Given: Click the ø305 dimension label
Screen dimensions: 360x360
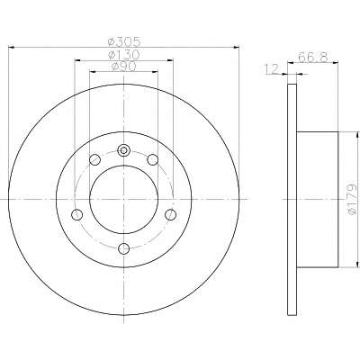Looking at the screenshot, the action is [x=124, y=41].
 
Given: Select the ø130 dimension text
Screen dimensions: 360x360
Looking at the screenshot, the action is [x=124, y=55].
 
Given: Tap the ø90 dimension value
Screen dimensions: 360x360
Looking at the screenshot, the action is [x=123, y=67].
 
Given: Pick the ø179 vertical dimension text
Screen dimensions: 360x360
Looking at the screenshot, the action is [x=352, y=199].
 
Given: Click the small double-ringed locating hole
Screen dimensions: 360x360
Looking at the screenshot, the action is [x=123, y=150].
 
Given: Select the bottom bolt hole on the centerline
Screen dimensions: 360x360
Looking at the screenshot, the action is [x=123, y=248].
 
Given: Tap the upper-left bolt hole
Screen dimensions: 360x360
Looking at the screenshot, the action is [x=94, y=159].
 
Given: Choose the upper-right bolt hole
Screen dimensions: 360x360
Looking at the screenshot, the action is [x=153, y=159].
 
